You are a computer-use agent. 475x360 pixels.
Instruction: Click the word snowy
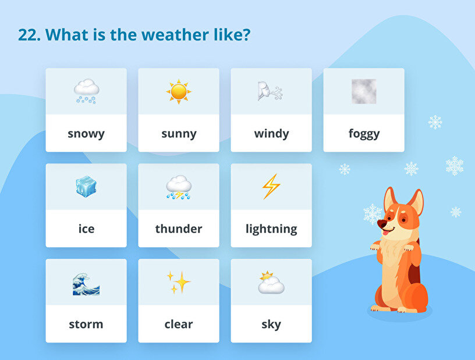point(86,134)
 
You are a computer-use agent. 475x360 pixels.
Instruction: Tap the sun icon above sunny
point(179,91)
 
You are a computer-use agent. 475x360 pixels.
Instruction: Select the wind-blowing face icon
point(270,91)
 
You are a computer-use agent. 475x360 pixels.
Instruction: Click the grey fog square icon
point(364,91)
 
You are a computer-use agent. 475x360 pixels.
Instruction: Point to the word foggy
point(364,134)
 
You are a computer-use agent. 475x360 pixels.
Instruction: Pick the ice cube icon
point(86,187)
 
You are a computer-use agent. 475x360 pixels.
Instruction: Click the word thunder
point(179,229)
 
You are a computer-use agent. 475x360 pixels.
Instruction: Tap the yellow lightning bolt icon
point(271,187)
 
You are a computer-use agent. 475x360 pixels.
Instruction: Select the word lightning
point(271,229)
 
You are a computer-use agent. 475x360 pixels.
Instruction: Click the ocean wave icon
point(86,284)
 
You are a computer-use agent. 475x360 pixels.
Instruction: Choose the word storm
point(86,325)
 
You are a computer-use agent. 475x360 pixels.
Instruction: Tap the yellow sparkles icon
point(179,282)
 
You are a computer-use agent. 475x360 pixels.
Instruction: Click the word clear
point(179,324)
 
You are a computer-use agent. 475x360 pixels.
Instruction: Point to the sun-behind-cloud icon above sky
point(271,283)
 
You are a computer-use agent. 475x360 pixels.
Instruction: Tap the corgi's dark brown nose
point(382,224)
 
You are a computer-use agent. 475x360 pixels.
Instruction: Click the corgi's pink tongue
point(385,233)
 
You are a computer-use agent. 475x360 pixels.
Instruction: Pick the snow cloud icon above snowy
point(86,91)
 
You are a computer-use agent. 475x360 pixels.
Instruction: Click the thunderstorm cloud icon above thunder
point(179,187)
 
